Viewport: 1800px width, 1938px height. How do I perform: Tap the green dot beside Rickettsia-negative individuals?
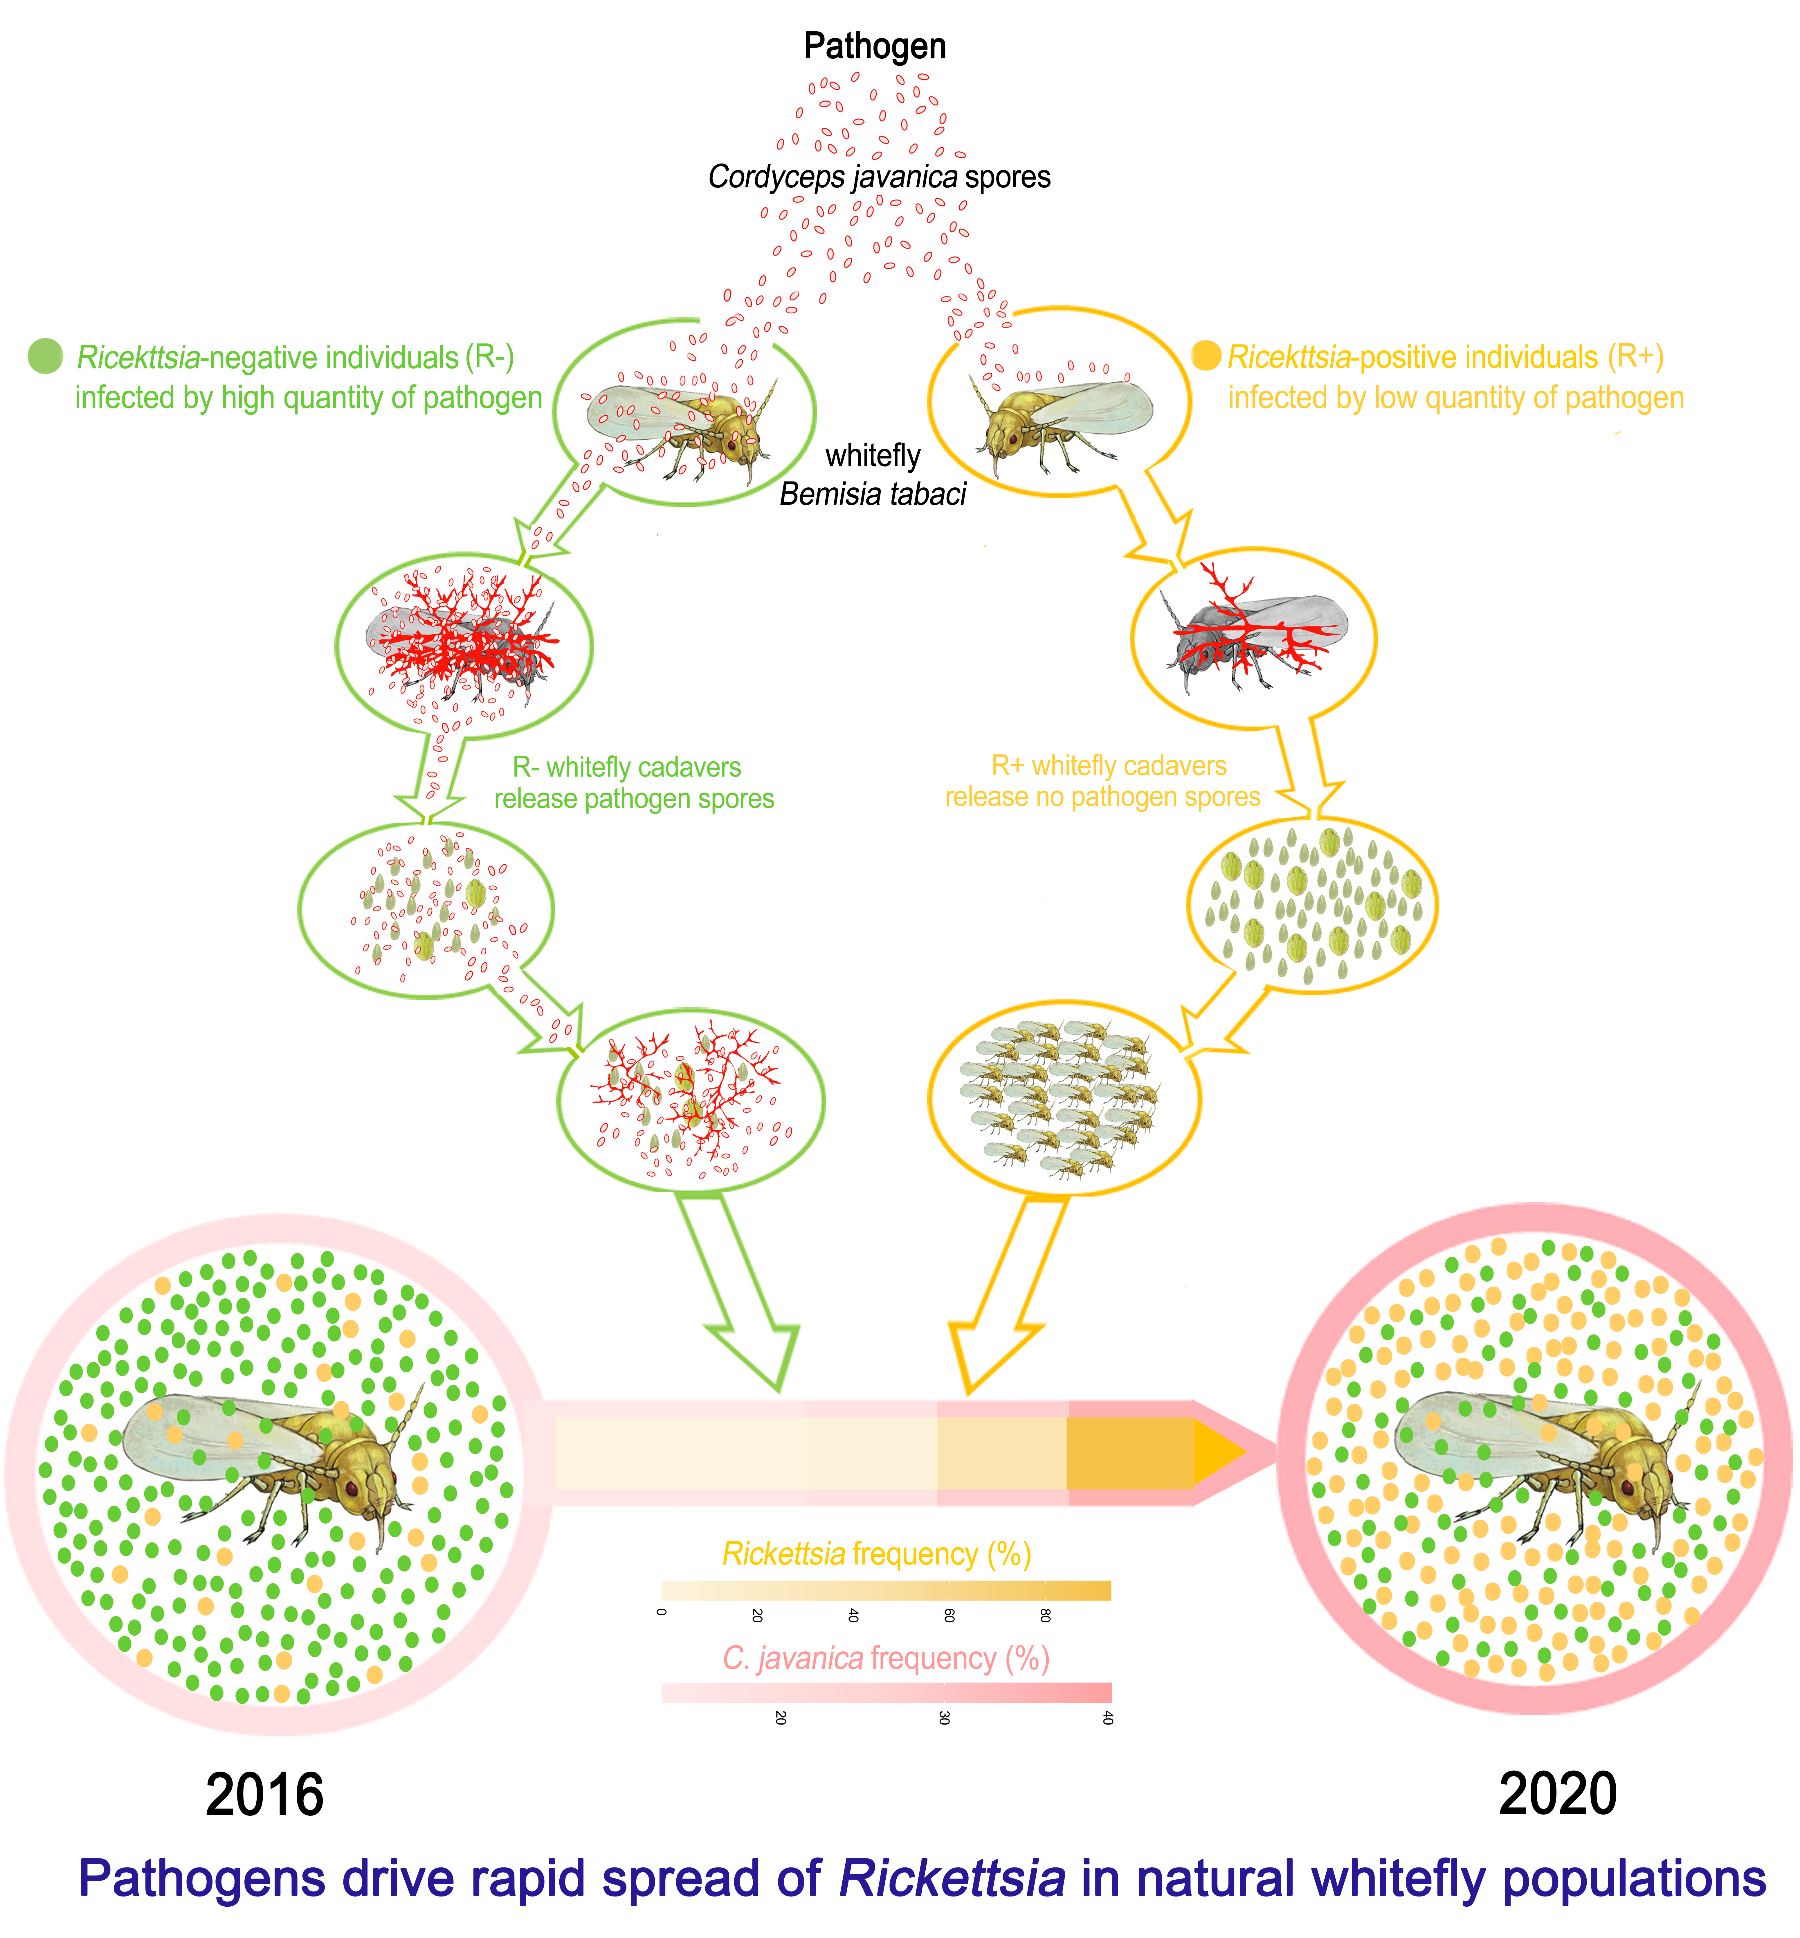(x=45, y=357)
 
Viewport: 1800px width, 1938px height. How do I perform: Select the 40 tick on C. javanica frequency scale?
(x=1107, y=1718)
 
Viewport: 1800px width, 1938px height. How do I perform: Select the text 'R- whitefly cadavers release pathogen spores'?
(x=633, y=782)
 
